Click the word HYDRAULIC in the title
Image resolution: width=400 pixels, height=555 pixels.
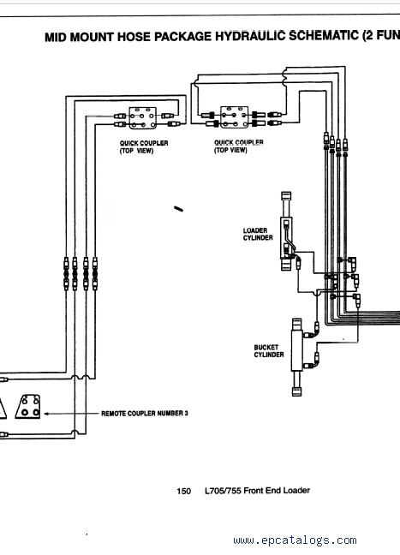[x=252, y=36]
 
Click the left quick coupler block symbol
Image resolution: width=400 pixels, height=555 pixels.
[x=143, y=118]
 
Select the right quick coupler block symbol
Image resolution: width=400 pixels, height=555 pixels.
[x=235, y=116]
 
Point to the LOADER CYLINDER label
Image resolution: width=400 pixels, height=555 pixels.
[x=258, y=234]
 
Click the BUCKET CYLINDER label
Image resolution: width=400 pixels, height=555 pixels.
[x=269, y=351]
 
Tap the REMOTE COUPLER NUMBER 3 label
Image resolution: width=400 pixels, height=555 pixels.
[x=145, y=414]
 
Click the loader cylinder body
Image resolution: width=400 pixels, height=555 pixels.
[x=286, y=238]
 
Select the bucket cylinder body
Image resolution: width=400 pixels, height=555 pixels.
[x=296, y=351]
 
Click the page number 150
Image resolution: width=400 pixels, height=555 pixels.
[x=183, y=491]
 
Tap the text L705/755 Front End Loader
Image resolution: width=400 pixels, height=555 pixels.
[x=257, y=491]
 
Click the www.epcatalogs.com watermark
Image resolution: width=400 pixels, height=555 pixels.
[x=295, y=540]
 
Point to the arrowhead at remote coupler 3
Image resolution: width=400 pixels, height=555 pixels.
[x=46, y=414]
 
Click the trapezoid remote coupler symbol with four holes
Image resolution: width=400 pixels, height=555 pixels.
[x=27, y=407]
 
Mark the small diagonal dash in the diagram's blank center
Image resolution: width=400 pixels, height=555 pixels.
[x=178, y=209]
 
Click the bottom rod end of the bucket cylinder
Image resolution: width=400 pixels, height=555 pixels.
[x=296, y=391]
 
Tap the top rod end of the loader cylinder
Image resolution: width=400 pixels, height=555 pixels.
[x=286, y=196]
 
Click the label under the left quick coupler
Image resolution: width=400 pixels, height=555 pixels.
[x=144, y=147]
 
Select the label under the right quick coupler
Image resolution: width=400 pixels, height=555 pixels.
[x=239, y=146]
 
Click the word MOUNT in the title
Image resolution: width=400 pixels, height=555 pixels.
[x=92, y=37]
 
